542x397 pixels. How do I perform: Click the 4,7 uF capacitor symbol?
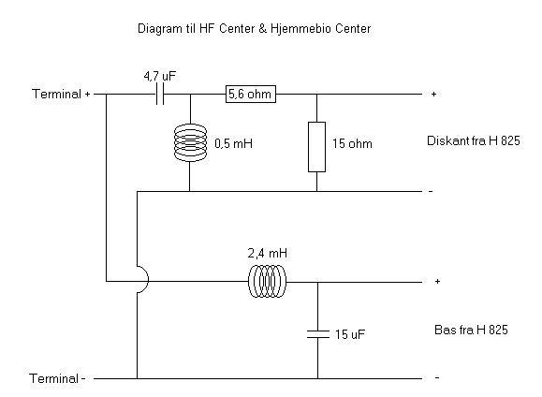pyautogui.click(x=160, y=94)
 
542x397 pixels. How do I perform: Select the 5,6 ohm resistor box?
pyautogui.click(x=251, y=94)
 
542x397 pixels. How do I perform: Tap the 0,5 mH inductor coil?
pyautogui.click(x=190, y=142)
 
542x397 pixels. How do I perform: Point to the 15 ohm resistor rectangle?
pyautogui.click(x=317, y=147)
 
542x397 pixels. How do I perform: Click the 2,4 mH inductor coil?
pyautogui.click(x=267, y=281)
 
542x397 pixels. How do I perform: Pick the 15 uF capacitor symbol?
pyautogui.click(x=318, y=334)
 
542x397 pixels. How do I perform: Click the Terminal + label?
pyautogui.click(x=61, y=94)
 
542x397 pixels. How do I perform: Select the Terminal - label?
pyautogui.click(x=57, y=378)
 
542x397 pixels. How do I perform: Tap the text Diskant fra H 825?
pyautogui.click(x=474, y=140)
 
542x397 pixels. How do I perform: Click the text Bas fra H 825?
pyautogui.click(x=471, y=330)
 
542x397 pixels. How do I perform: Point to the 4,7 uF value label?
pyautogui.click(x=160, y=76)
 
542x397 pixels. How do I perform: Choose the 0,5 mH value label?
pyautogui.click(x=234, y=143)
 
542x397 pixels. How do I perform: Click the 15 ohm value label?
pyautogui.click(x=352, y=143)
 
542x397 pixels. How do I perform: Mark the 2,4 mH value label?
pyautogui.click(x=267, y=253)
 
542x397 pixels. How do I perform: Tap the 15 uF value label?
pyautogui.click(x=350, y=334)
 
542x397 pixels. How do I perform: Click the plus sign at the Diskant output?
pyautogui.click(x=433, y=94)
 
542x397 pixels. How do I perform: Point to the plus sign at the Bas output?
pyautogui.click(x=437, y=281)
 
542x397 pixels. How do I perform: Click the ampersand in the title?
pyautogui.click(x=263, y=28)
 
